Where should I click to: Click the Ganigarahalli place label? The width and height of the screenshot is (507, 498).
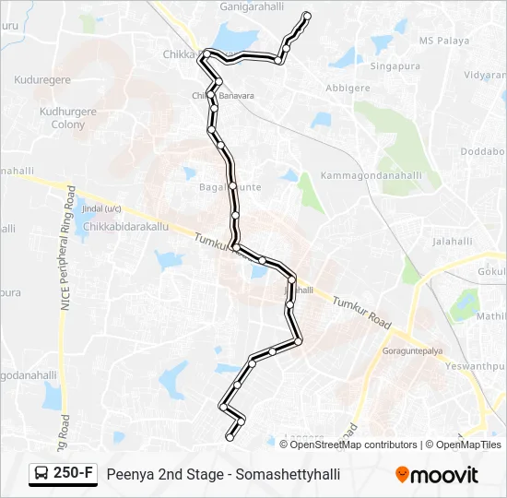tap(251, 6)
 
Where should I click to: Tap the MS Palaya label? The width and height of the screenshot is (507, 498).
tap(444, 41)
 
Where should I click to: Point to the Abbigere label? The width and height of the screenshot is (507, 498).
tap(347, 89)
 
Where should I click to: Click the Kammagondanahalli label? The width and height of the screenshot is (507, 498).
tap(371, 175)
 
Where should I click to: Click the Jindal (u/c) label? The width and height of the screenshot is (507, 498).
tap(101, 208)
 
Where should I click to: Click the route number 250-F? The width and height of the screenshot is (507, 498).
tap(74, 474)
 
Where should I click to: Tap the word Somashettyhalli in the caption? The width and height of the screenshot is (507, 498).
tap(289, 474)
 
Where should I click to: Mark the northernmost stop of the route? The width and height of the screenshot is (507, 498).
tap(307, 16)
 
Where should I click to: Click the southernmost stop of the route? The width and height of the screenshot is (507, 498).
tap(230, 437)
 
